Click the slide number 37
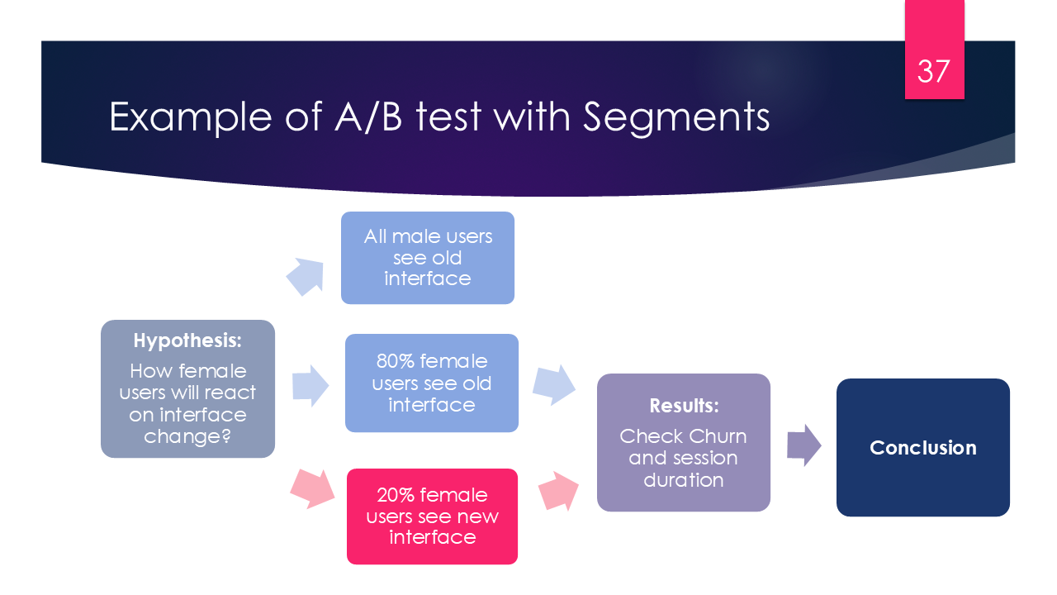pyautogui.click(x=934, y=72)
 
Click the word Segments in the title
pyautogui.click(x=676, y=117)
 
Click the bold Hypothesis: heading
pyautogui.click(x=187, y=340)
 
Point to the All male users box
pyautogui.click(x=428, y=257)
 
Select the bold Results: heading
pyautogui.click(x=684, y=406)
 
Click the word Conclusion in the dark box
pyautogui.click(x=922, y=448)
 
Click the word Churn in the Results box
pyautogui.click(x=718, y=436)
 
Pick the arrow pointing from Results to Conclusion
pyautogui.click(x=803, y=445)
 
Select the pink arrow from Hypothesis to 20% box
pyautogui.click(x=312, y=488)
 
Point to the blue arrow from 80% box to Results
pyautogui.click(x=554, y=383)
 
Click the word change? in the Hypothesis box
pyautogui.click(x=187, y=436)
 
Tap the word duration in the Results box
pyautogui.click(x=683, y=480)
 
